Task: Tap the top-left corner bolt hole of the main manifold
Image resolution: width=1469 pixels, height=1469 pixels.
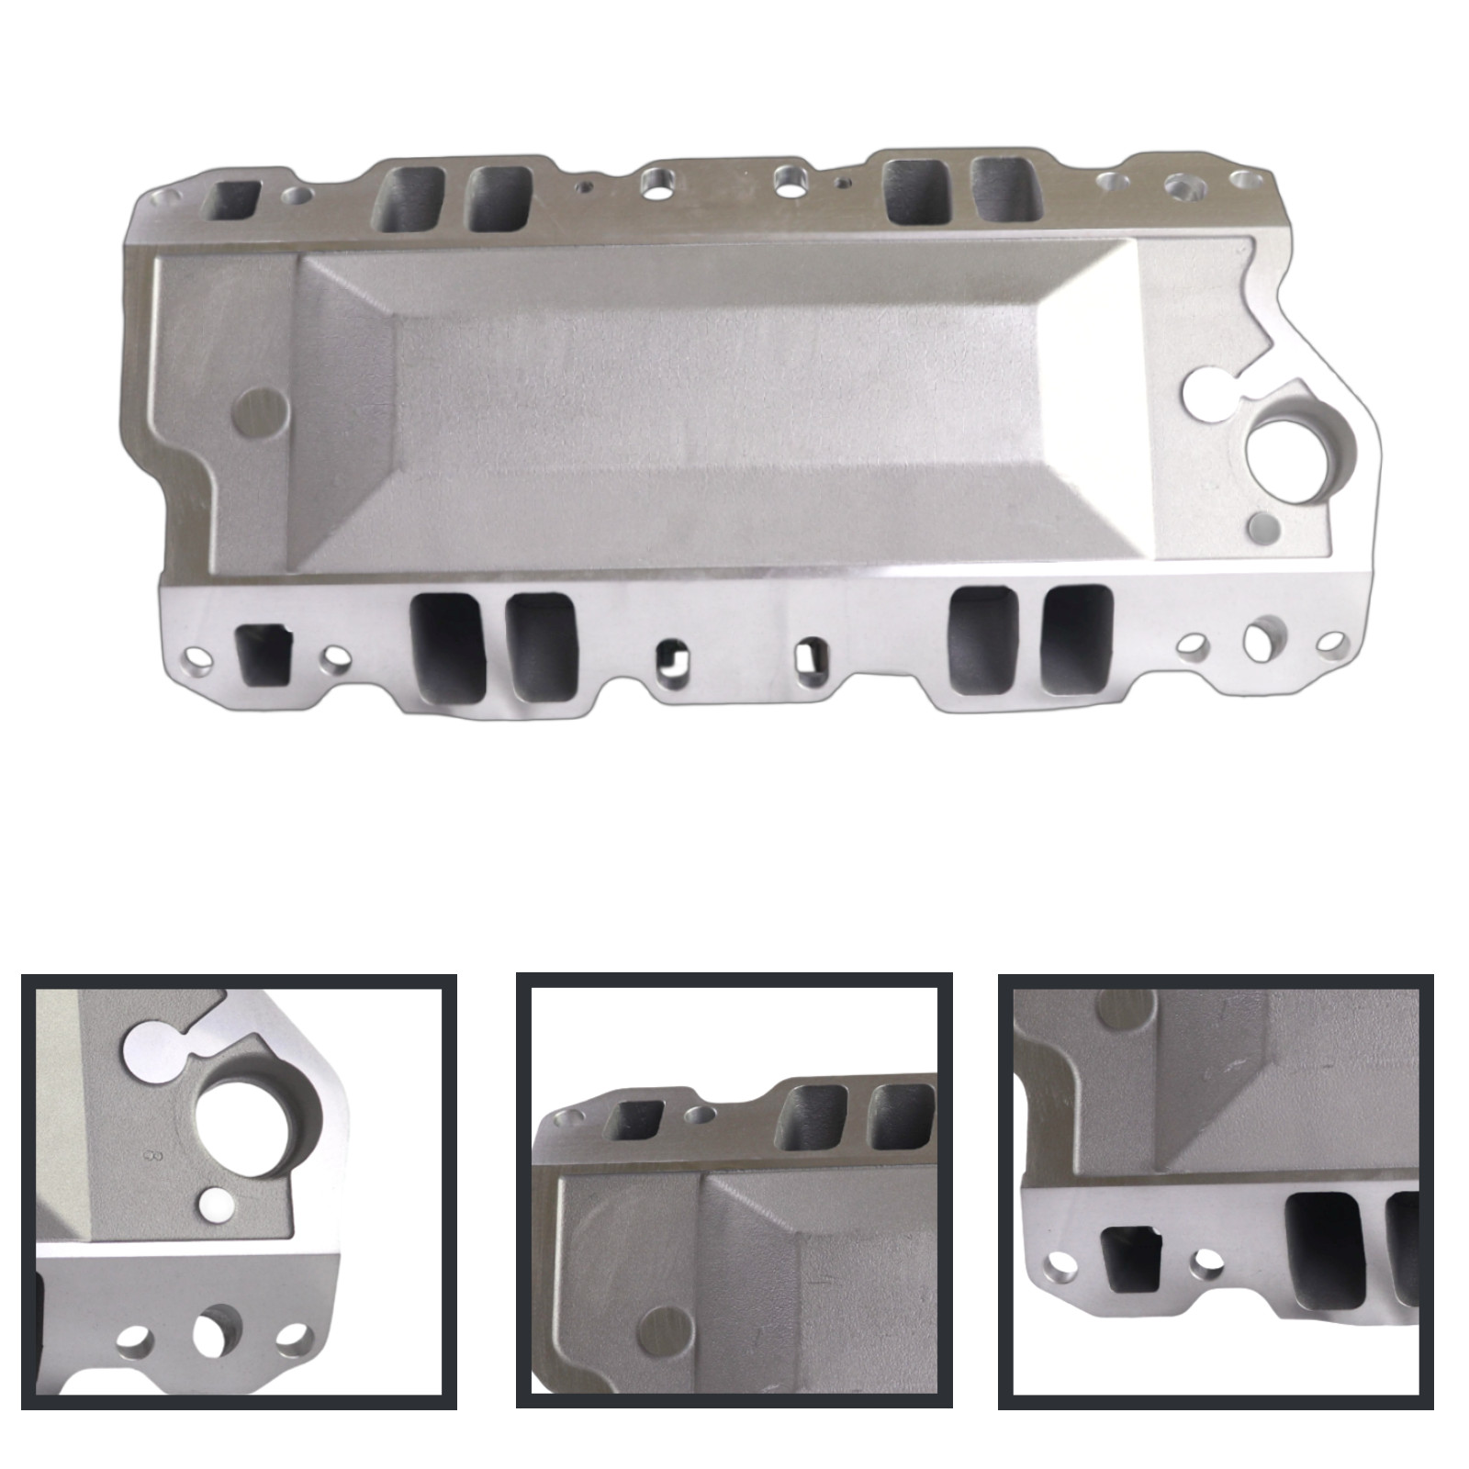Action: point(165,196)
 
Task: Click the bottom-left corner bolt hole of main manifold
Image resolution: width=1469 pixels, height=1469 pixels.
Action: point(195,657)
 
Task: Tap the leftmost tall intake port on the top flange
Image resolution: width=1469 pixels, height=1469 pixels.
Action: point(409,197)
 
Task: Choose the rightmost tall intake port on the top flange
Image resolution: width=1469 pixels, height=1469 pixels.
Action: point(1004,189)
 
